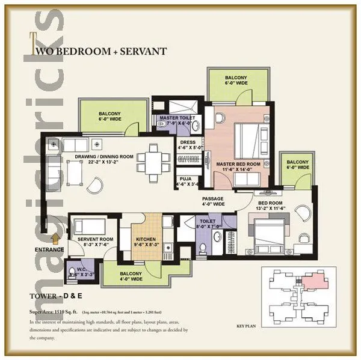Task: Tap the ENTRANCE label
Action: pyautogui.click(x=49, y=249)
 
